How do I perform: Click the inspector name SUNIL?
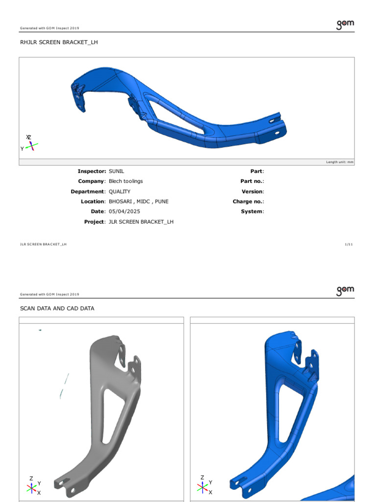[x=117, y=171]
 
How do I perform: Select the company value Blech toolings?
[x=126, y=181]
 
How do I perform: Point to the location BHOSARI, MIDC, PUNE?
[x=139, y=201]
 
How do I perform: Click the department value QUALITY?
[x=119, y=192]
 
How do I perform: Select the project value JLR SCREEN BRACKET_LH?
[x=141, y=222]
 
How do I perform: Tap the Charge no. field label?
[x=248, y=201]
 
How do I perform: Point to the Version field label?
[x=252, y=192]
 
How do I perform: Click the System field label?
[x=252, y=211]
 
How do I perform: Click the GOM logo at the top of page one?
[x=345, y=25]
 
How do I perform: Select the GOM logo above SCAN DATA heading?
[x=345, y=291]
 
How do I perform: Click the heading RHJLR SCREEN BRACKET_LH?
[x=59, y=42]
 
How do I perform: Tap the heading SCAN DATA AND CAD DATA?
[x=57, y=308]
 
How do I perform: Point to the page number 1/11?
[x=349, y=244]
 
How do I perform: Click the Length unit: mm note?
[x=339, y=162]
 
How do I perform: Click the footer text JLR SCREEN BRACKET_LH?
[x=43, y=244]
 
